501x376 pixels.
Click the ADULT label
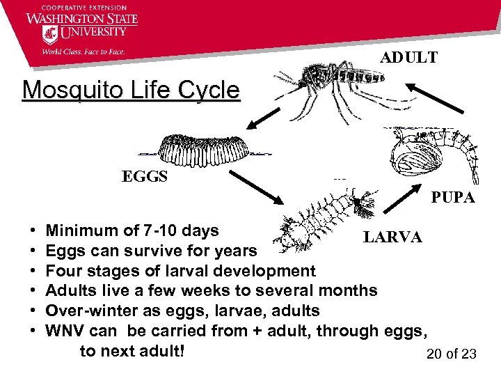(408, 58)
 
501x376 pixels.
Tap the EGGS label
(145, 176)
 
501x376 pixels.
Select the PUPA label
(452, 198)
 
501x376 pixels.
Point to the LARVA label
(392, 237)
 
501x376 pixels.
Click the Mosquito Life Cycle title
(131, 90)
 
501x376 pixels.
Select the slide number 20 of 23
(451, 354)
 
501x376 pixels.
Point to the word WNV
(64, 331)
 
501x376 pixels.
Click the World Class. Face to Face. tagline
(83, 50)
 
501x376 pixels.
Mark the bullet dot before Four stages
(33, 272)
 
